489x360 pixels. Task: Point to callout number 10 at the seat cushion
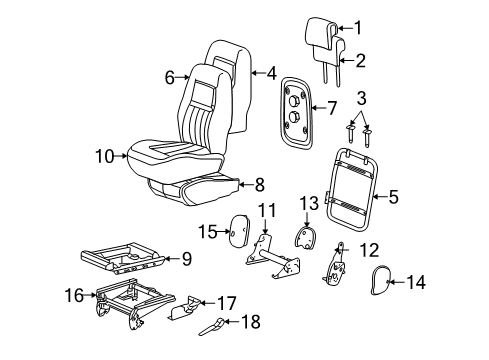105,155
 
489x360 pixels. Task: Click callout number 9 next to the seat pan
185,258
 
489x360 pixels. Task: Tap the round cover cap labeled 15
240,232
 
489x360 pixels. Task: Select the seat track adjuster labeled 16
125,303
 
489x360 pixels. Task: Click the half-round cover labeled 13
307,239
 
